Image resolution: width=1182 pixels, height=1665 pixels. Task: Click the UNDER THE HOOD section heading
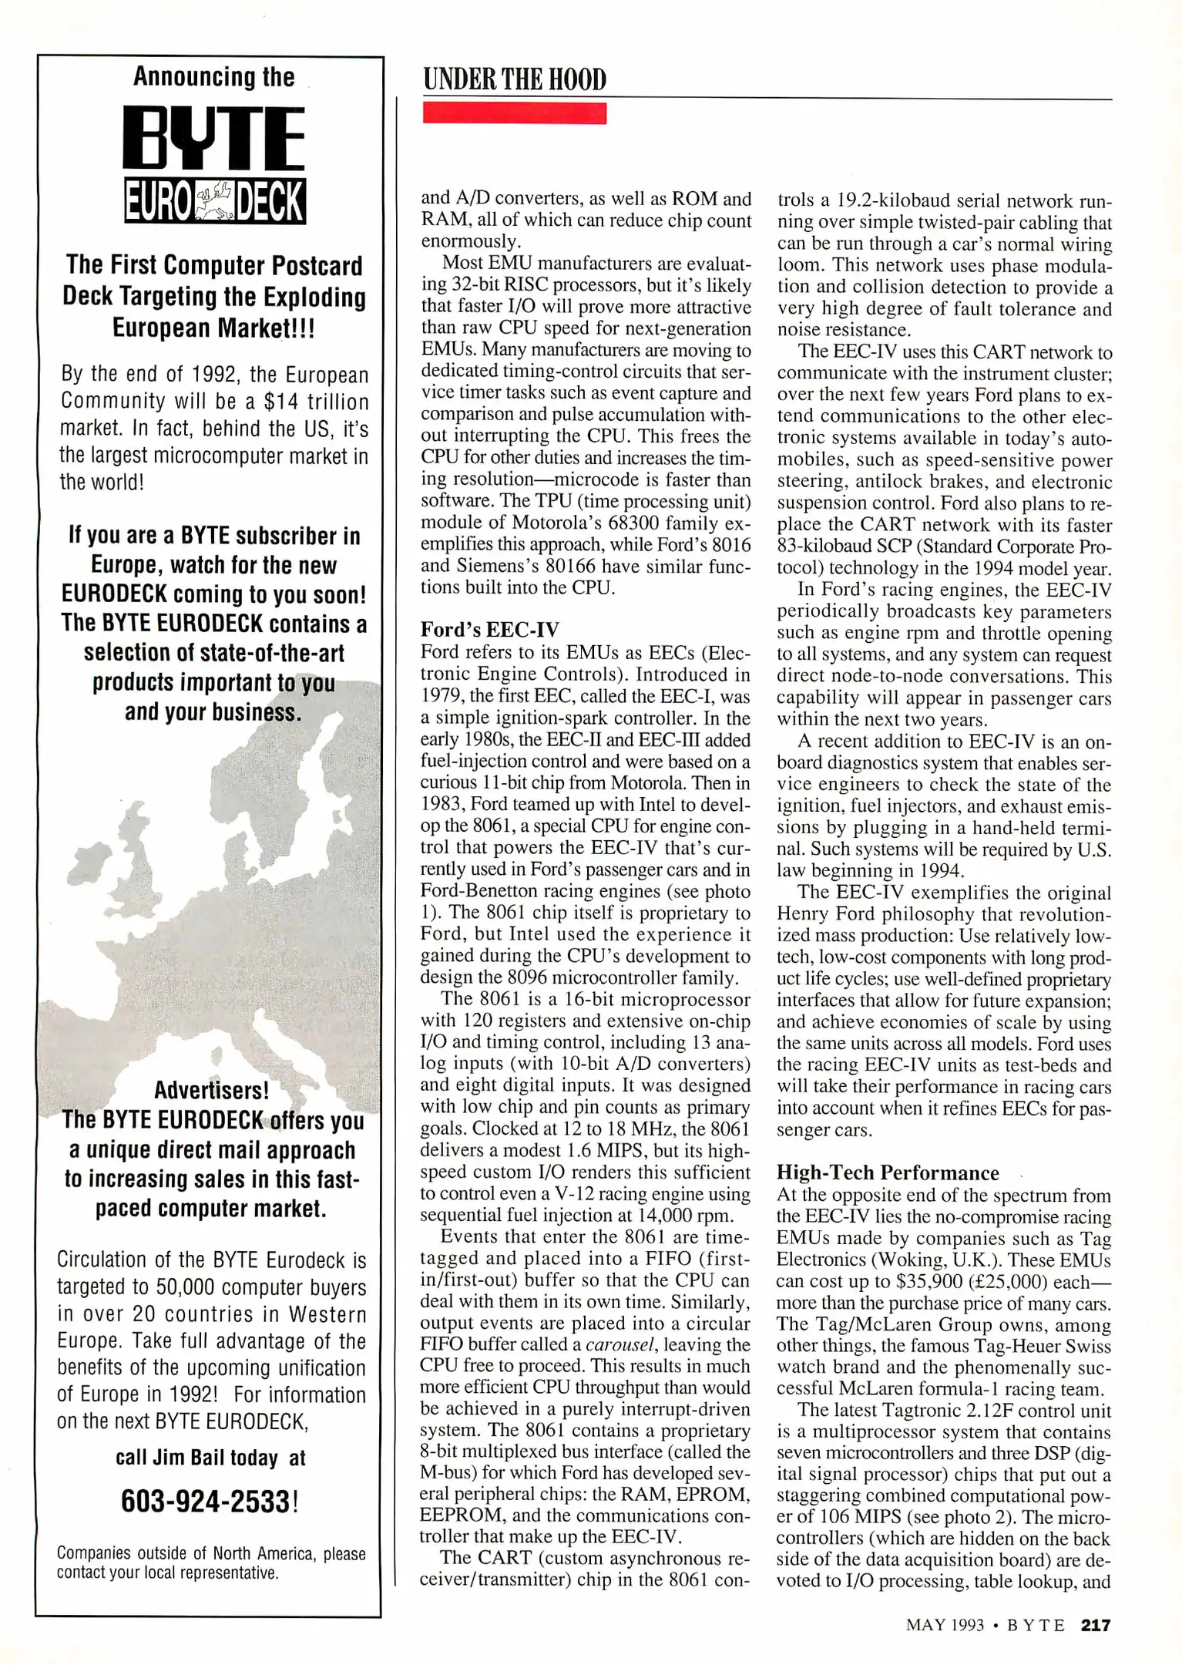(515, 79)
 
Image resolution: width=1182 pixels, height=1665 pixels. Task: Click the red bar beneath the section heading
(515, 113)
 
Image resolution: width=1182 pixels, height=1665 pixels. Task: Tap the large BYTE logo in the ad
(214, 139)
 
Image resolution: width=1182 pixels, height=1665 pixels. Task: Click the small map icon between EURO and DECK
(213, 201)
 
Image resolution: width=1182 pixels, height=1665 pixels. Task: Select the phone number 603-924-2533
(207, 1501)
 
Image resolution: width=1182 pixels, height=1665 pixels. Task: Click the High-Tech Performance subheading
(888, 1172)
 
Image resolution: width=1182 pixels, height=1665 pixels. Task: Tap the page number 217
(1096, 1625)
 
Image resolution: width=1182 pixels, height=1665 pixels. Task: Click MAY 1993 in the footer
(945, 1625)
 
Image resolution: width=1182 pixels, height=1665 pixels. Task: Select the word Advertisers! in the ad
(211, 1090)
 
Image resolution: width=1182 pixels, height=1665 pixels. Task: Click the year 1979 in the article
(442, 696)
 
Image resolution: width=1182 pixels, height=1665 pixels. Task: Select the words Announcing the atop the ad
(213, 76)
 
